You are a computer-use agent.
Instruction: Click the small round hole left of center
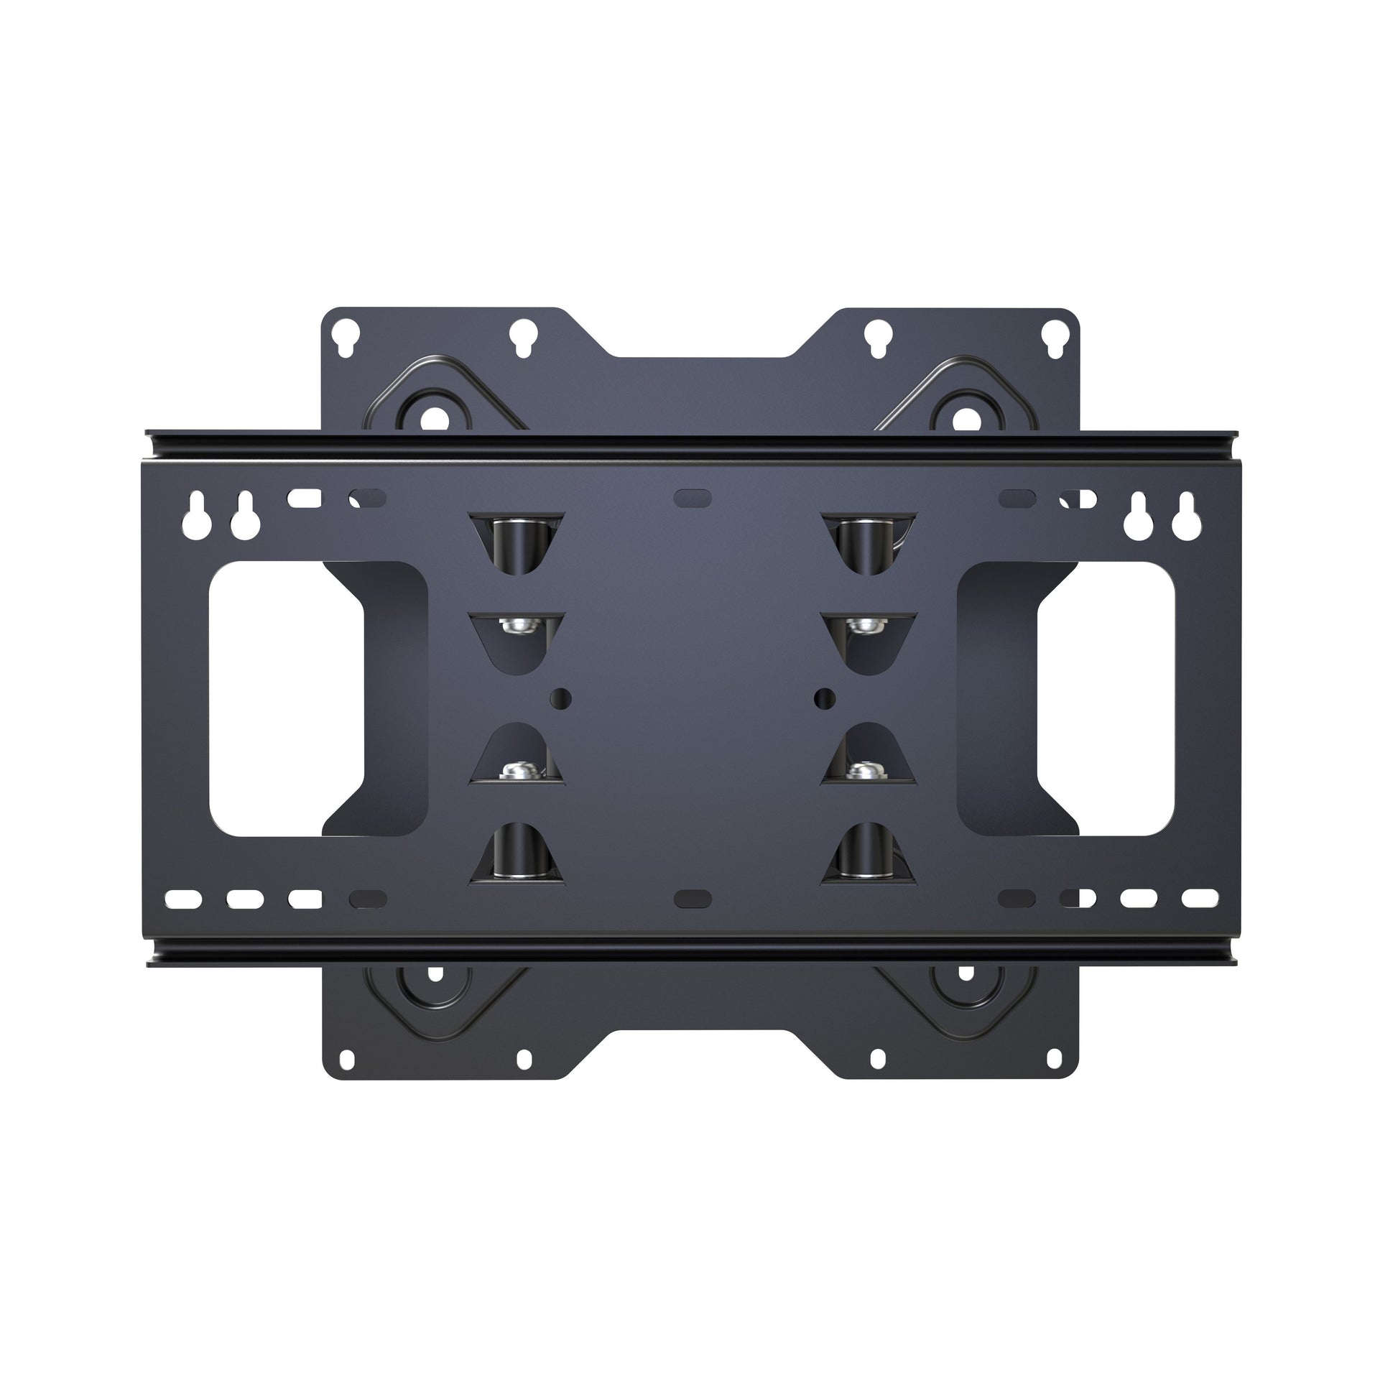coord(560,698)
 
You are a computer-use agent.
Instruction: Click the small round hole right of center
coord(824,698)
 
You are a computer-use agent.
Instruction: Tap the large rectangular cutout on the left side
coord(286,699)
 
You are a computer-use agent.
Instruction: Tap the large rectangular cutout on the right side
coord(1106,699)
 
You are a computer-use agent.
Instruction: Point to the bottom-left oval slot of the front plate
coord(183,899)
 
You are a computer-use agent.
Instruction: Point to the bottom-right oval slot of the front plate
coord(1200,898)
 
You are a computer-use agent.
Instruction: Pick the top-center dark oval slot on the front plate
coord(693,498)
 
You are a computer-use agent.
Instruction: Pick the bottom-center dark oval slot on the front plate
coord(693,899)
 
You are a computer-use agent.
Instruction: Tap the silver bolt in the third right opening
coord(869,770)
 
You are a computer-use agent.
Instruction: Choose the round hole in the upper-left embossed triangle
coord(435,417)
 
